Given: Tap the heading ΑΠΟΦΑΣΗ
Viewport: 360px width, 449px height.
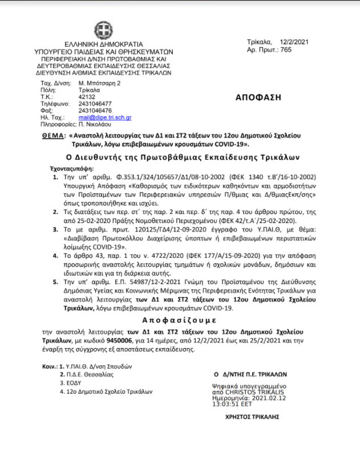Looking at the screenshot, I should coord(258,97).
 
